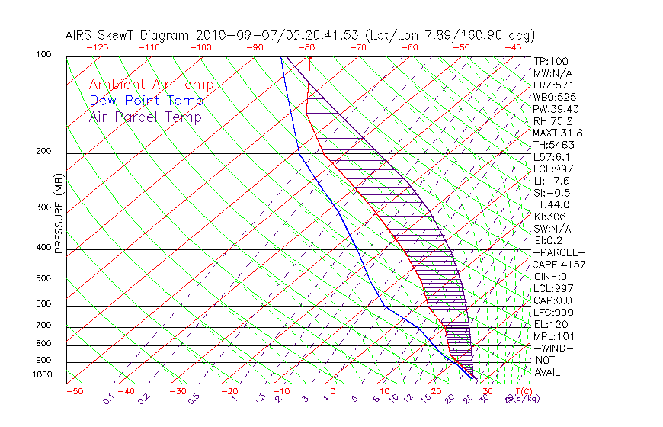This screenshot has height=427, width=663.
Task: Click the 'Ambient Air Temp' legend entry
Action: (x=151, y=85)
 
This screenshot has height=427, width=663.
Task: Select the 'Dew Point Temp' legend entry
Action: (x=146, y=101)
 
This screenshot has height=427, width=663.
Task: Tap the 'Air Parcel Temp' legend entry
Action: (x=145, y=117)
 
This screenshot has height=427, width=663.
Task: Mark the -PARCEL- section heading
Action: (x=559, y=252)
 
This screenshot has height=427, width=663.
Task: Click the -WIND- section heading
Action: (x=553, y=348)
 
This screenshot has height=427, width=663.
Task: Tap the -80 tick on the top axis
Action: (x=308, y=47)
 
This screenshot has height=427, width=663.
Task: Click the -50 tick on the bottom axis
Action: (x=74, y=391)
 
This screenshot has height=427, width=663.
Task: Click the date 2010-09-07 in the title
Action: (x=231, y=35)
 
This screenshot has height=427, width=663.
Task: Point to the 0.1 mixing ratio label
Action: (x=108, y=397)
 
